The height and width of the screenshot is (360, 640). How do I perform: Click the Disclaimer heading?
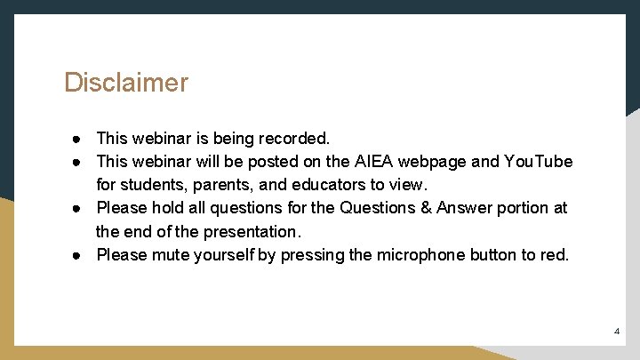125,83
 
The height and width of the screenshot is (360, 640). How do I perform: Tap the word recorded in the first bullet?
292,139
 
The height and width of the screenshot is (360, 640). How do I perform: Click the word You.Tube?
538,162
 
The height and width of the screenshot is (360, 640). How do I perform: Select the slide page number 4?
617,332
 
